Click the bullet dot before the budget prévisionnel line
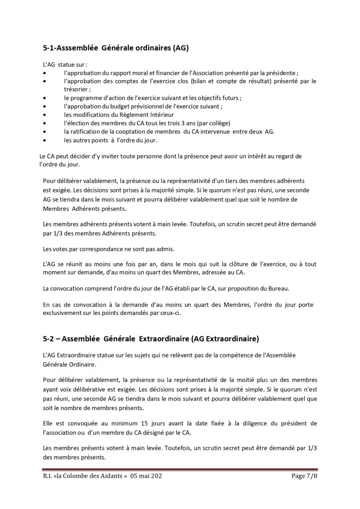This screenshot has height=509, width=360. click(45, 106)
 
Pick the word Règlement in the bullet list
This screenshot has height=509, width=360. click(132, 114)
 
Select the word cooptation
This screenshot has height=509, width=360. click(128, 131)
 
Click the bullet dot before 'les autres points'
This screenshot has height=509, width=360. click(45, 140)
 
